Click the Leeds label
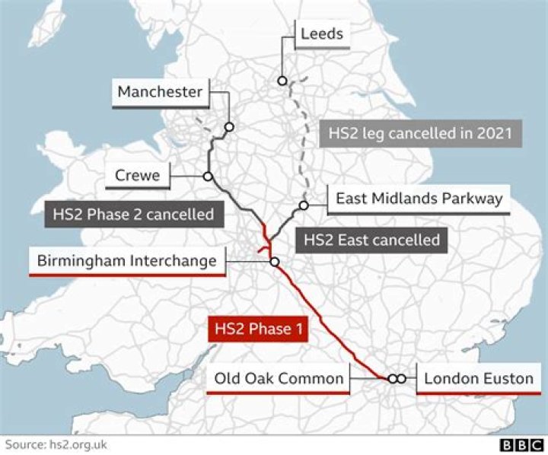pos(322,34)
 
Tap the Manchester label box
pos(160,93)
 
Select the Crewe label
pos(138,176)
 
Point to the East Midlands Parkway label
pos(419,199)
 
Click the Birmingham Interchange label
pos(127,262)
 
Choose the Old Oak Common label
pos(279,378)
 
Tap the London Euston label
pos(478,378)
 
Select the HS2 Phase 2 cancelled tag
pos(133,214)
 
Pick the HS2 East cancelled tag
pos(371,240)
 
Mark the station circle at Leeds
pos(282,81)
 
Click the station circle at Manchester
pos(228,127)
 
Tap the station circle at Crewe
pos(207,177)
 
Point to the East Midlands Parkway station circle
pos(303,205)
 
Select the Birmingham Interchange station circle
pos(274,262)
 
